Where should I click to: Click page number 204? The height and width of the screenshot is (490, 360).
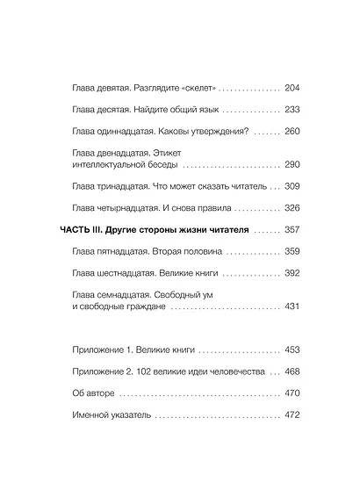(293, 89)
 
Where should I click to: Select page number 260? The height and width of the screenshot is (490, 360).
(293, 132)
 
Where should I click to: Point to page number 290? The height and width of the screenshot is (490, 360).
(293, 164)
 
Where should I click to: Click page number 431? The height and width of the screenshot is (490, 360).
(293, 306)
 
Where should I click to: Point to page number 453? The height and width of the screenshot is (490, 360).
(293, 349)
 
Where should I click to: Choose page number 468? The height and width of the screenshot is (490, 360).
(293, 371)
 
